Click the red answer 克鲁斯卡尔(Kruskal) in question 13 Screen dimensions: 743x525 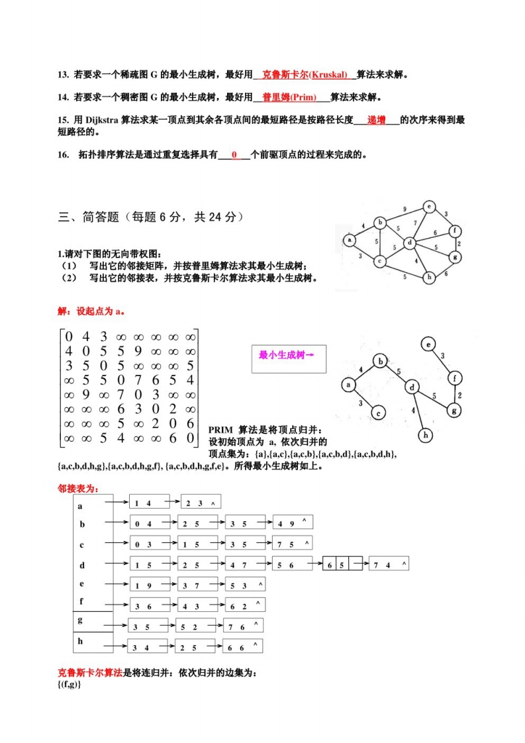tap(305, 75)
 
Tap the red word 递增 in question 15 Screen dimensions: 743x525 tap(377, 120)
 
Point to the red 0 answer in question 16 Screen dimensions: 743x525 tap(234, 156)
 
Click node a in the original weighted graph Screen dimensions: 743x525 tap(348, 240)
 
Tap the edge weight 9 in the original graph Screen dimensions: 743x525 tap(405, 209)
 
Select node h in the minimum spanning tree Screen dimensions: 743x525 tap(426, 434)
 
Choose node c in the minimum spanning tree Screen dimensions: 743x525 tap(377, 413)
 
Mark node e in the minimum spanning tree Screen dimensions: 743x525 tap(428, 344)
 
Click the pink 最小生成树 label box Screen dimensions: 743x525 tap(285, 356)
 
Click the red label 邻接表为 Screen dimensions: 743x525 tap(78, 489)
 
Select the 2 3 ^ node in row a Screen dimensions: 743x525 tap(199, 503)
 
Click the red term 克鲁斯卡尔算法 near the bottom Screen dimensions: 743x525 tap(90, 673)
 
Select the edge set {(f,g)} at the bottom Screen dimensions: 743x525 tap(69, 683)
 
